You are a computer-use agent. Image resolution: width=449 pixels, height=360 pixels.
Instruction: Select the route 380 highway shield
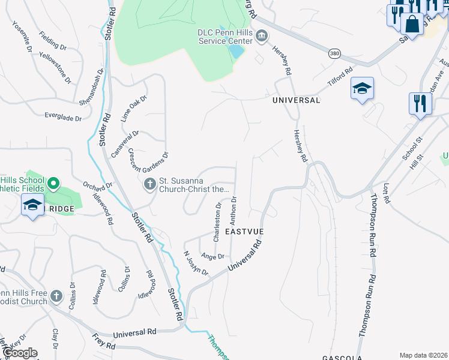pyautogui.click(x=335, y=54)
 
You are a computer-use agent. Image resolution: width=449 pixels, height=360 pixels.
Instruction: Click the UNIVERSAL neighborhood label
pyautogui.click(x=296, y=100)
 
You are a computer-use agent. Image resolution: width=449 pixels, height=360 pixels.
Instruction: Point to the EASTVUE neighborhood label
pyautogui.click(x=244, y=230)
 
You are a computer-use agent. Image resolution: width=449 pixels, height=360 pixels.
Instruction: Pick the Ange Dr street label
pyautogui.click(x=213, y=256)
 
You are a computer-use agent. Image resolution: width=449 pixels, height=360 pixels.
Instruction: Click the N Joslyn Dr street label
pyautogui.click(x=196, y=263)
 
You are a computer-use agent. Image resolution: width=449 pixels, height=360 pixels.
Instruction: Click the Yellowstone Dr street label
pyautogui.click(x=55, y=67)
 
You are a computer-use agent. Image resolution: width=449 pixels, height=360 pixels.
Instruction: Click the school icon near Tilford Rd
pyautogui.click(x=363, y=88)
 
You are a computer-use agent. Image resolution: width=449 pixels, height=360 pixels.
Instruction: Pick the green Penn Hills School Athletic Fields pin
pyautogui.click(x=53, y=183)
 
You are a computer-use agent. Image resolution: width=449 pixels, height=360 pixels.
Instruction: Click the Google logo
pyautogui.click(x=20, y=353)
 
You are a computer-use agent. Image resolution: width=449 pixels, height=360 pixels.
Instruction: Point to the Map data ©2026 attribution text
pyautogui.click(x=423, y=355)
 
